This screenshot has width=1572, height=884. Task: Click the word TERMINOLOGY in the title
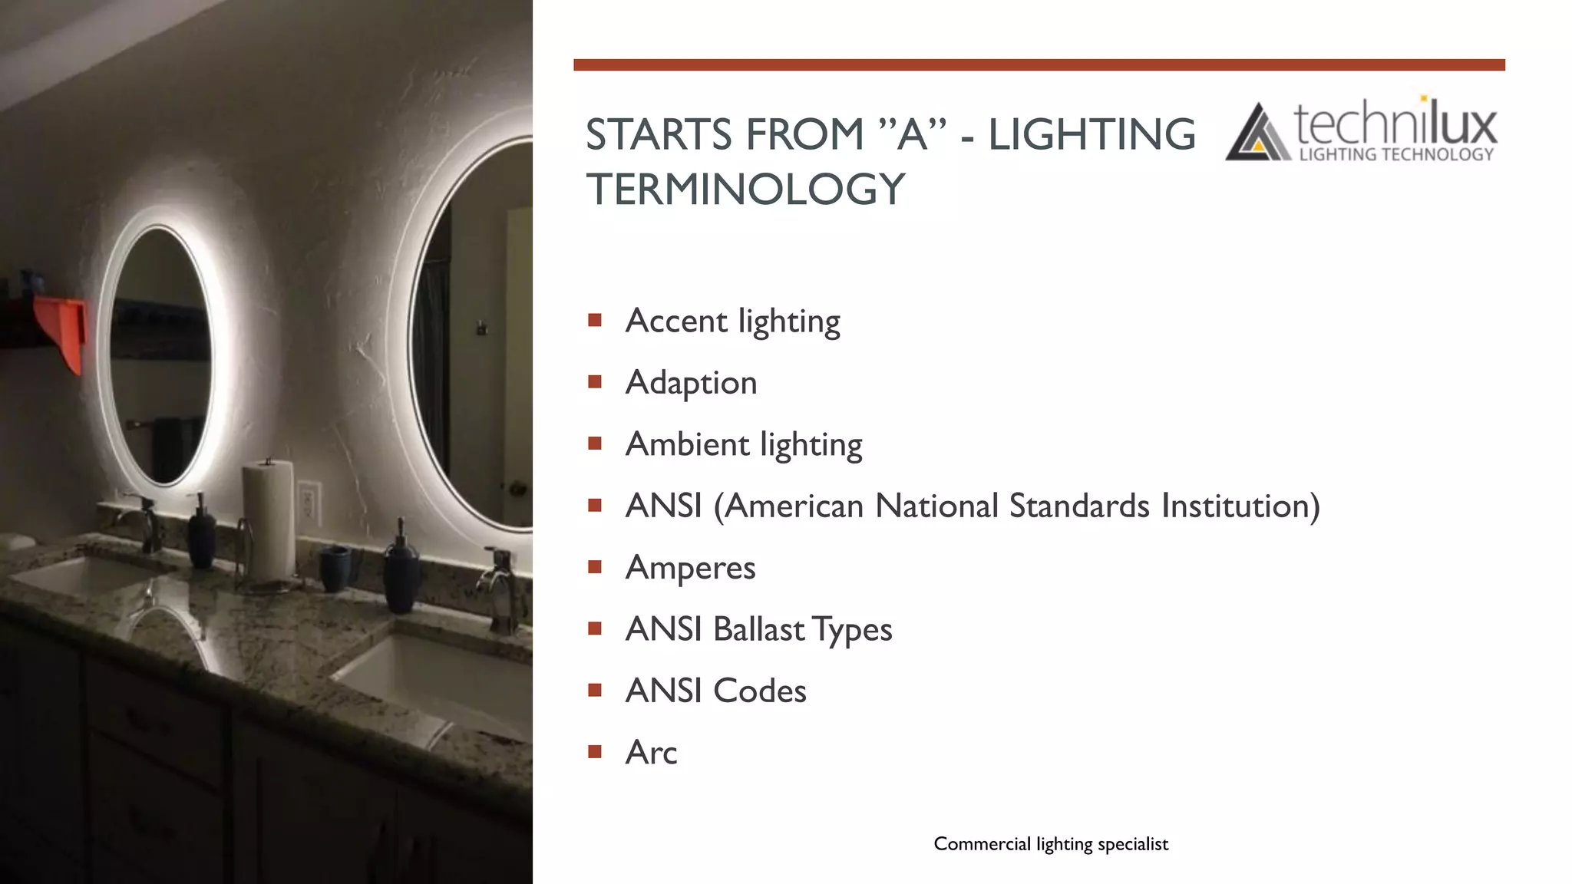(745, 190)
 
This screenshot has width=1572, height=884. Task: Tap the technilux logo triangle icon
(1257, 134)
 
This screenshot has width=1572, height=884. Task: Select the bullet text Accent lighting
(732, 321)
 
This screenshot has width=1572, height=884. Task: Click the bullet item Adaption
(691, 383)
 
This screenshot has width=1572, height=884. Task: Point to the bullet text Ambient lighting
(743, 444)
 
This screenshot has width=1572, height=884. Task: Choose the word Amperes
(690, 568)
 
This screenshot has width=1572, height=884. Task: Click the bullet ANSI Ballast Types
(758, 629)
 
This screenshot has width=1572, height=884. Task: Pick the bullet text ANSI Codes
(715, 691)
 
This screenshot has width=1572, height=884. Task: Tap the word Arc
(651, 753)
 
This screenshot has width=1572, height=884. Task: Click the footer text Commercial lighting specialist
(1051, 844)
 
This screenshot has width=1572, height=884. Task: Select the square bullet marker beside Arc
(595, 751)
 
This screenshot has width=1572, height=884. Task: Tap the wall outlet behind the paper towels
(309, 502)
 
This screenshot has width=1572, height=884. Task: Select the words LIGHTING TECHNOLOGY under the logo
(1395, 155)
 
